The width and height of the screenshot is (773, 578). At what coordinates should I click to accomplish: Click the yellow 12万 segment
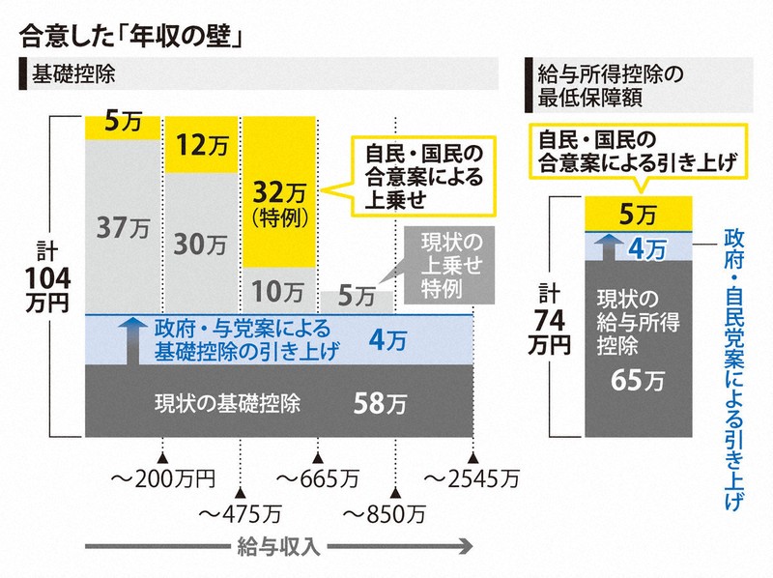[201, 145]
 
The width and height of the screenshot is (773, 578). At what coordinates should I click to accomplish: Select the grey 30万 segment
[201, 244]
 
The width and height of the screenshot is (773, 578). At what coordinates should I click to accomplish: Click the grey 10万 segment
[279, 290]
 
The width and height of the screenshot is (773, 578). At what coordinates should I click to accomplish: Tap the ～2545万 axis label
[472, 477]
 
